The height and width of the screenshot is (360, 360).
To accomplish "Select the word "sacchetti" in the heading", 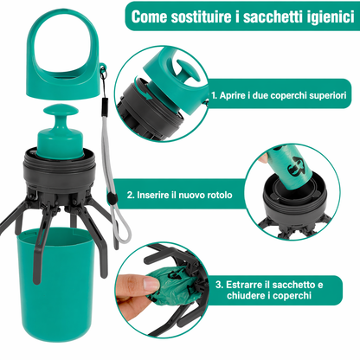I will [x=267, y=16].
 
